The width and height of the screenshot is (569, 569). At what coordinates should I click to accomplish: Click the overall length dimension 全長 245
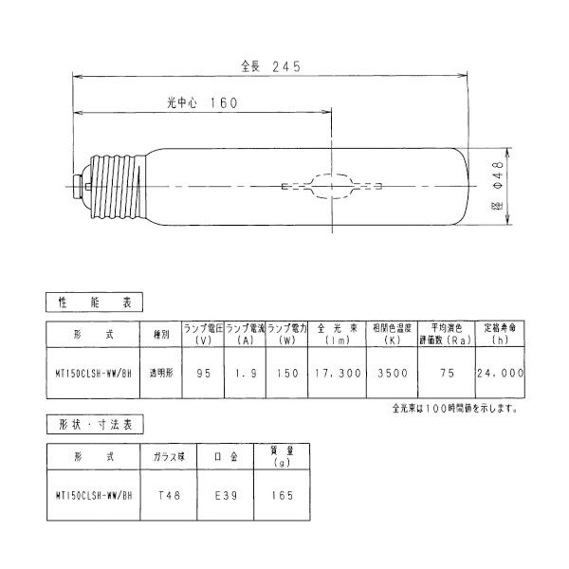(x=271, y=66)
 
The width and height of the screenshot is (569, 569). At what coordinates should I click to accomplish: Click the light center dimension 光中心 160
(x=202, y=102)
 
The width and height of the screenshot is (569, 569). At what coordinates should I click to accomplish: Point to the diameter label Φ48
(x=499, y=174)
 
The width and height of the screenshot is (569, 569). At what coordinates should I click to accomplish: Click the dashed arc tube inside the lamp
(x=332, y=186)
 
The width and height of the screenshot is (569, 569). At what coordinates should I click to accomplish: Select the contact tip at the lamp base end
(x=76, y=187)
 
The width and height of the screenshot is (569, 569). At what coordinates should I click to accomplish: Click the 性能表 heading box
(x=94, y=302)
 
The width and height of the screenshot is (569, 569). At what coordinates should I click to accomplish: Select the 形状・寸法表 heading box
(x=95, y=424)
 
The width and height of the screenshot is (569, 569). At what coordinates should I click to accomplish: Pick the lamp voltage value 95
(x=203, y=373)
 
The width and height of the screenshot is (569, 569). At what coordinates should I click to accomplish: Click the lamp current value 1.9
(x=246, y=373)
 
